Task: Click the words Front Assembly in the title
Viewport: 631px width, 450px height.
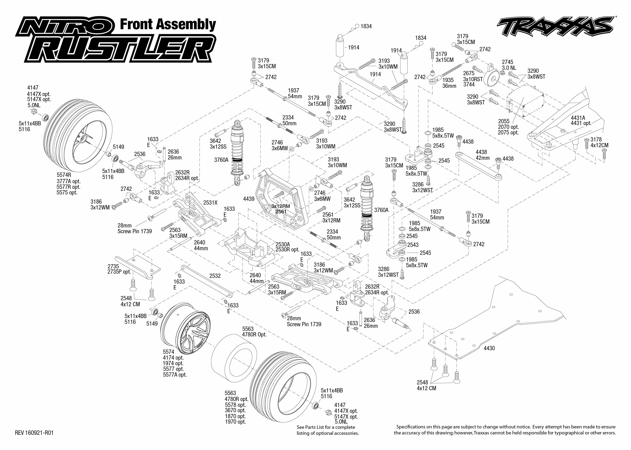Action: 168,24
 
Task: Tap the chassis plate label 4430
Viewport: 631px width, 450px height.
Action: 489,348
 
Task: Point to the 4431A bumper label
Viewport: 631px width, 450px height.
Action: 578,118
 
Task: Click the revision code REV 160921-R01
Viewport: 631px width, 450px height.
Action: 34,433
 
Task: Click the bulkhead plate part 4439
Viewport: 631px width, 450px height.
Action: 280,200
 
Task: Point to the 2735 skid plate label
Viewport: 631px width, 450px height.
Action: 113,266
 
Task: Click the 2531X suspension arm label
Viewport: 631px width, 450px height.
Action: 210,203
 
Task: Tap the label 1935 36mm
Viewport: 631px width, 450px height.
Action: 448,80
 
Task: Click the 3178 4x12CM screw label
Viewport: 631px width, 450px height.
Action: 596,139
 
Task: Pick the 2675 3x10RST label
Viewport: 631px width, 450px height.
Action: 469,73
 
